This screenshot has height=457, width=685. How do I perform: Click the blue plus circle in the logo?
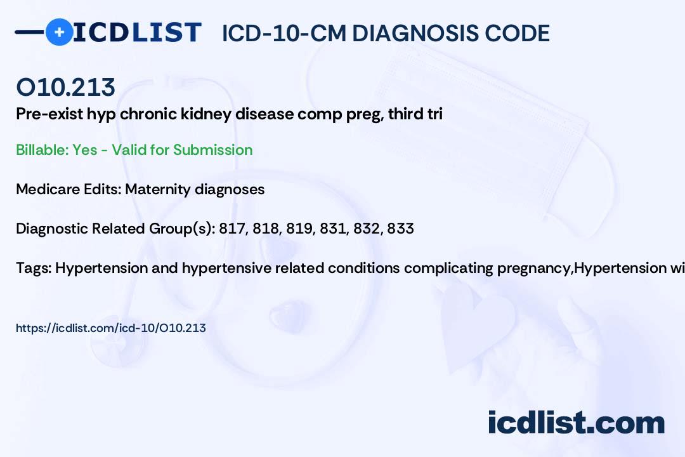(59, 32)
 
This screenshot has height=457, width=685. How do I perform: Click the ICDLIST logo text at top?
(137, 32)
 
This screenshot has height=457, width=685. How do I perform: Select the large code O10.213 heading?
(66, 87)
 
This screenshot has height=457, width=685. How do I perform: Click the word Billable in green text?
(41, 150)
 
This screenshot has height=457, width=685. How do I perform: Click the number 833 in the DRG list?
(400, 228)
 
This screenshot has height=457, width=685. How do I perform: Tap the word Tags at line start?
(33, 268)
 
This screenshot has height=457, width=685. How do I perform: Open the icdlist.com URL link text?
(111, 328)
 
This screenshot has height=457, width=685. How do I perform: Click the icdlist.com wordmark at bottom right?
(576, 423)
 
